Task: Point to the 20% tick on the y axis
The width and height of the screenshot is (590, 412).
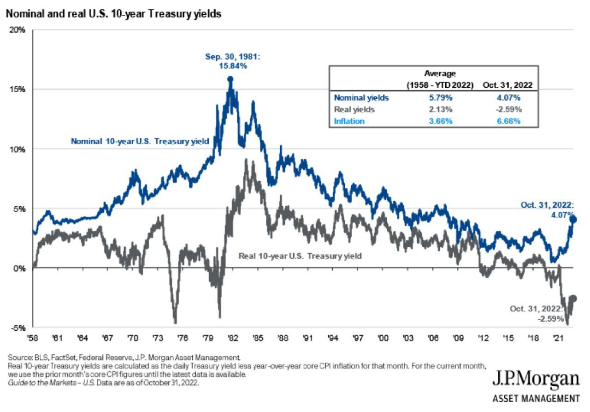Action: (x=18, y=30)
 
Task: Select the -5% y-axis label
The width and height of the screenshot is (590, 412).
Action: (x=19, y=328)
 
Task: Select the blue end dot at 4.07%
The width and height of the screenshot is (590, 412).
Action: (x=573, y=220)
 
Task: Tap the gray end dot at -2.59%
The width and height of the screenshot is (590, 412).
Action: (x=573, y=298)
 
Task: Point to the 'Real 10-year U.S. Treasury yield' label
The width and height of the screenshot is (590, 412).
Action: (x=300, y=255)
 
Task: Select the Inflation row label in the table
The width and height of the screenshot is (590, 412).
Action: (x=349, y=121)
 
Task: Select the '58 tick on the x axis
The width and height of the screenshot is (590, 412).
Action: (x=33, y=338)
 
